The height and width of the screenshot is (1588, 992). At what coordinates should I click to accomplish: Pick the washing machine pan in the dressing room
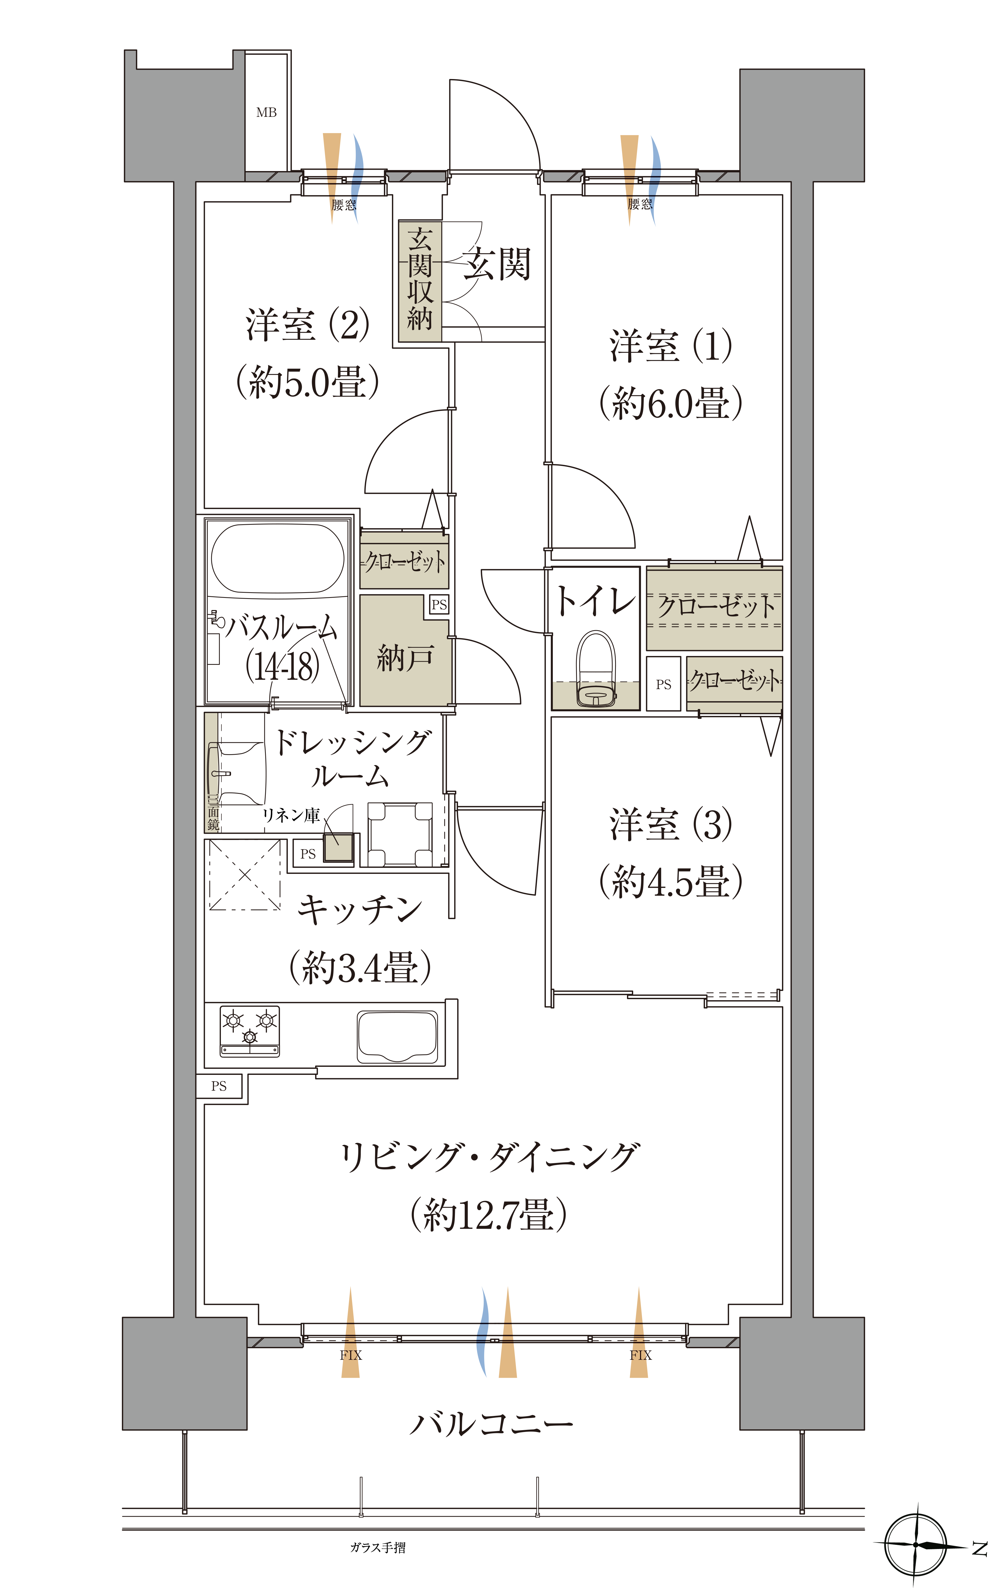pyautogui.click(x=400, y=834)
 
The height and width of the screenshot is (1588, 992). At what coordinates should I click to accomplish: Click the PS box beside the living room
pyautogui.click(x=219, y=1086)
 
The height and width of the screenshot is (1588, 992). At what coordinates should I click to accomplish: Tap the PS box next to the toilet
pyautogui.click(x=663, y=684)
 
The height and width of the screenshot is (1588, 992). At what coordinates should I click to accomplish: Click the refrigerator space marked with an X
pyautogui.click(x=245, y=874)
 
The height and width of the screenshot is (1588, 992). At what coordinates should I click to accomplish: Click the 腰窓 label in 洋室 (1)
pyautogui.click(x=640, y=204)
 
